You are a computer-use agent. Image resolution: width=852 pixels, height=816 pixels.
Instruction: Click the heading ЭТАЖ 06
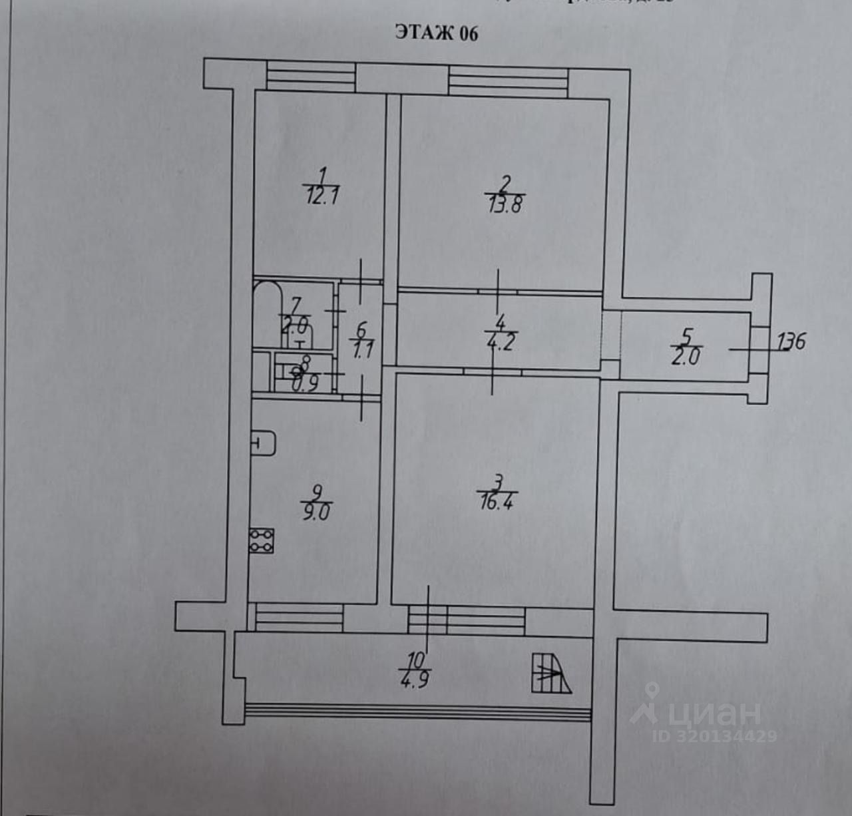tap(437, 33)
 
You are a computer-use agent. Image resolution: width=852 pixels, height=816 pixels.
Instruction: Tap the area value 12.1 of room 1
tap(323, 198)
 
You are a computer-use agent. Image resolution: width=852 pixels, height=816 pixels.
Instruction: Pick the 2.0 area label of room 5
tap(685, 356)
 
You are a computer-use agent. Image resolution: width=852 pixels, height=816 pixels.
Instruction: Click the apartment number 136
tap(791, 341)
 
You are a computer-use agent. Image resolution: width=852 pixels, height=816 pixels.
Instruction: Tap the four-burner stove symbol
tap(262, 540)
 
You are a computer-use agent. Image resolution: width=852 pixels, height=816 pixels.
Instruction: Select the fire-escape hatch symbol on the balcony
tap(550, 674)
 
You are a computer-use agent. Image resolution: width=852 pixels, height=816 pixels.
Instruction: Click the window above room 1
tap(311, 76)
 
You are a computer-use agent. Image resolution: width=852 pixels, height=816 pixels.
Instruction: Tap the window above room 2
tap(508, 83)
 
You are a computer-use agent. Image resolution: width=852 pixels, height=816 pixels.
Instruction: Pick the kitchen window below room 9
tap(299, 617)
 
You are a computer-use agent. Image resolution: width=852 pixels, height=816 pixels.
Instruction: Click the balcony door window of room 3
tap(466, 620)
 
